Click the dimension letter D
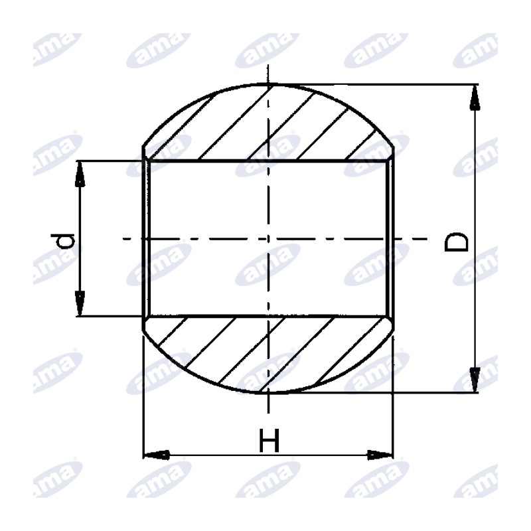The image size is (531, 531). [456, 242]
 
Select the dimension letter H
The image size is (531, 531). [269, 440]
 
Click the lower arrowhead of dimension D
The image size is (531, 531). [475, 380]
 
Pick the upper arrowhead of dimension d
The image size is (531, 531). [80, 174]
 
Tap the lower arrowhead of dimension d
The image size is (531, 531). [80, 303]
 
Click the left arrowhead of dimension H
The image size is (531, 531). [157, 455]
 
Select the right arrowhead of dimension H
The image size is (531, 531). [380, 455]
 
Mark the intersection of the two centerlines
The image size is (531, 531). [268, 239]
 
